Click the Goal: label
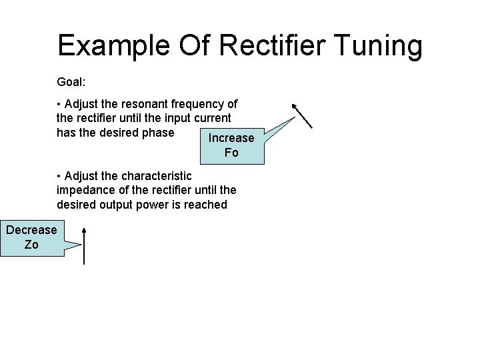[71, 83]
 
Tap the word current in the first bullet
[213, 118]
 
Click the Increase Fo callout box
[232, 145]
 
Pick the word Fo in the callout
[231, 153]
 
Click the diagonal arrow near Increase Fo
[303, 115]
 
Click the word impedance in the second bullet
[86, 191]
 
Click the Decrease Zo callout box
[32, 237]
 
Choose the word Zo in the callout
[31, 245]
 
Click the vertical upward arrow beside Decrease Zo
[84, 245]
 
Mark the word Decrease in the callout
[31, 230]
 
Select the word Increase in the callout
[231, 138]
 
